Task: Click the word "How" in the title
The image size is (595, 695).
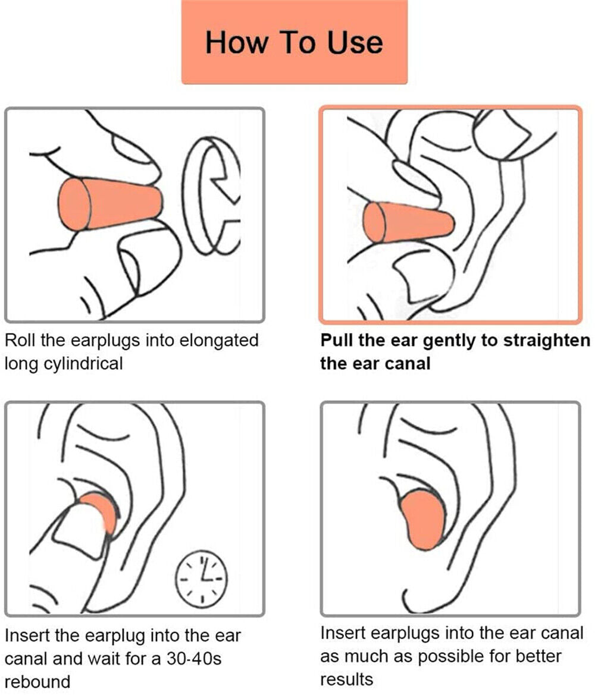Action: [234, 43]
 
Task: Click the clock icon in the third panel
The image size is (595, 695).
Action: [201, 576]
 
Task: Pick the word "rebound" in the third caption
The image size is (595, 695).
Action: [37, 680]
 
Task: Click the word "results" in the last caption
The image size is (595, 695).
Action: [346, 678]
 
